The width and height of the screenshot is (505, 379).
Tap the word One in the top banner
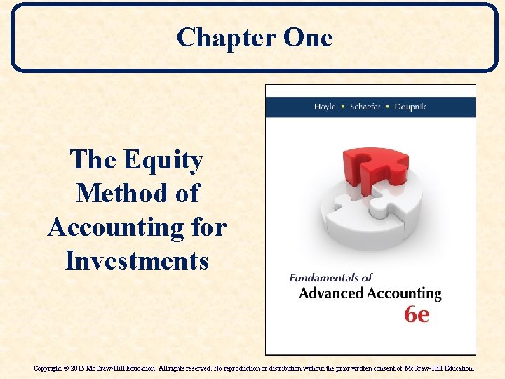coord(307,37)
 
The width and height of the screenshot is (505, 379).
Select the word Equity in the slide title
coord(163,160)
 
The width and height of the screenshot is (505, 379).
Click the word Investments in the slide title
coord(137,261)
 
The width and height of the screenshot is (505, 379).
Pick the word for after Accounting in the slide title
coord(209,227)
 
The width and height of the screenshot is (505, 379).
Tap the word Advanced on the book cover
coord(332,293)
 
